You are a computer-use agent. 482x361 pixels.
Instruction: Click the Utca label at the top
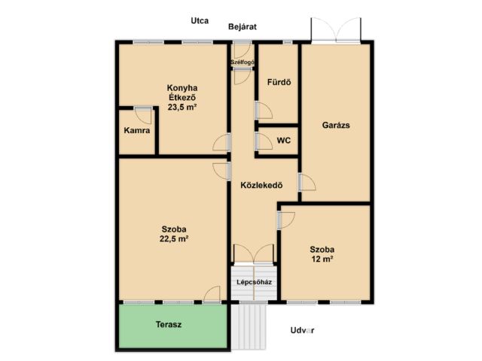point(200,21)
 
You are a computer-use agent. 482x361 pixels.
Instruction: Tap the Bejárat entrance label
point(243,27)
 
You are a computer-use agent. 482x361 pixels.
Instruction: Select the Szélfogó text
point(243,62)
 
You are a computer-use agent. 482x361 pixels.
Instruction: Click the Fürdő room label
point(279,82)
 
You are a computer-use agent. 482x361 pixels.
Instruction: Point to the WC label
point(284,141)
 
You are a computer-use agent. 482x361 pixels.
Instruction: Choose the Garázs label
point(336,126)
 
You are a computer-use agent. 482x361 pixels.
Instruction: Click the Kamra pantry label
point(137,130)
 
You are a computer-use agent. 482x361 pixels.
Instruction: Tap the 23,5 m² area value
point(182,107)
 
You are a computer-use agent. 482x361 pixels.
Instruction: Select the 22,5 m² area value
point(174,238)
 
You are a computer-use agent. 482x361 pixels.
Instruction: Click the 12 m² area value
point(322,259)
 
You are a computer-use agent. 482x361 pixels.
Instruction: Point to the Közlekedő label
point(261,186)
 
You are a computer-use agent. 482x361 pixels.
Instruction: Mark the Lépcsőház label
point(255,282)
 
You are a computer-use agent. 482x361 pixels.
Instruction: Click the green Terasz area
point(172,326)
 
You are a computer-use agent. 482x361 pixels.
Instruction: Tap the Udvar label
point(302,331)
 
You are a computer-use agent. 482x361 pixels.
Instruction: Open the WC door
point(264,141)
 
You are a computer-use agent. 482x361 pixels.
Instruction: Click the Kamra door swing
point(144,116)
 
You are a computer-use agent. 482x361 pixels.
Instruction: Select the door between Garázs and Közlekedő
point(307,182)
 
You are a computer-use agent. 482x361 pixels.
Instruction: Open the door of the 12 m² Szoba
point(286,220)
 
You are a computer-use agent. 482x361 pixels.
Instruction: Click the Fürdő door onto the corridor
point(264,111)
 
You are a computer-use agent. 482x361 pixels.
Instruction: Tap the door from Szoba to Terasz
point(212,295)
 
